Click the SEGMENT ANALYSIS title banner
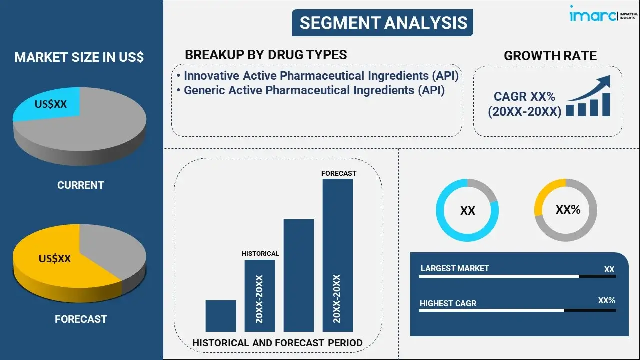[x=383, y=23]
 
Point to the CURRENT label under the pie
[x=80, y=185]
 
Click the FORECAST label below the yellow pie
[x=80, y=319]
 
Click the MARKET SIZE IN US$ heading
[x=79, y=57]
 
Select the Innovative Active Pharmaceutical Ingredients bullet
[x=321, y=76]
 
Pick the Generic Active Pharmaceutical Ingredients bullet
[x=314, y=90]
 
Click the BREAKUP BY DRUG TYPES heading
[x=266, y=55]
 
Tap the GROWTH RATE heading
[x=550, y=56]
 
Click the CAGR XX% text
[x=524, y=96]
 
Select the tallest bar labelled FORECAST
[x=338, y=255]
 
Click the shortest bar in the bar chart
[x=220, y=316]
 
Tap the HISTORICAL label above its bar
[x=260, y=254]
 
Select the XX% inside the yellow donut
[x=568, y=210]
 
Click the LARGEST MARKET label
[x=455, y=268]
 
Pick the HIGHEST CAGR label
[x=448, y=303]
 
